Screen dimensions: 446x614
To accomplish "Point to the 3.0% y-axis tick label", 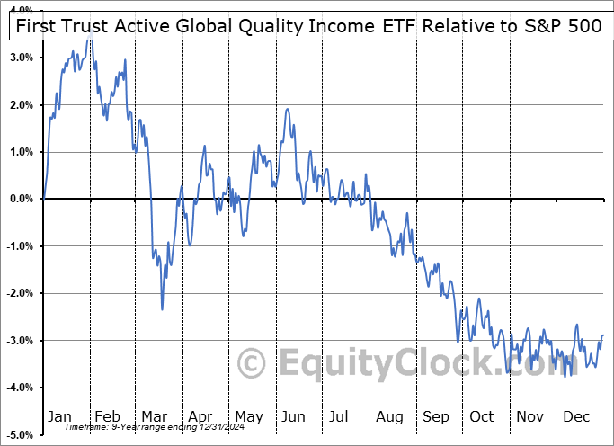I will [22, 58].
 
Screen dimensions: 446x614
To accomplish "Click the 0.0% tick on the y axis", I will [22, 199].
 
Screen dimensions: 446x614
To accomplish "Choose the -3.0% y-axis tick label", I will [21, 341].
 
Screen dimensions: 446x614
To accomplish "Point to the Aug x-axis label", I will [390, 416].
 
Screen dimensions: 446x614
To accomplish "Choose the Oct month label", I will [483, 416].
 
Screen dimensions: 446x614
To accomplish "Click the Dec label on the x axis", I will [576, 416].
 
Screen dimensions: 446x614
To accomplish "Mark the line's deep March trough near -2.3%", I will [163, 309].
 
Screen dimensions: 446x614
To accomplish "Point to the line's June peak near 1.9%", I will [287, 110].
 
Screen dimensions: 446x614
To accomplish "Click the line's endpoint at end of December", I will [603, 335].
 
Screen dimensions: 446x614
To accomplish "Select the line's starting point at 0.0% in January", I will [43, 199].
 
